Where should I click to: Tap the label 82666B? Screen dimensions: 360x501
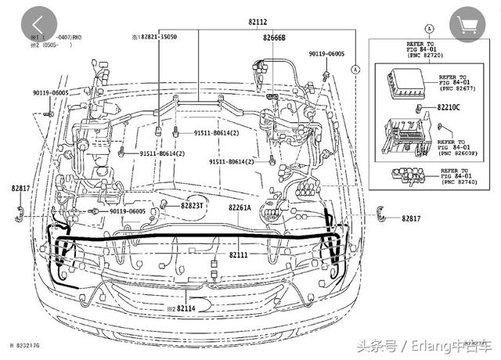coord(274,38)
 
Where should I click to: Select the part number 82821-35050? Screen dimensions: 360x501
coord(157,37)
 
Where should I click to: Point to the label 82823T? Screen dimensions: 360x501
coord(192,206)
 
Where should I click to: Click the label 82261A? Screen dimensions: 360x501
coord(240,207)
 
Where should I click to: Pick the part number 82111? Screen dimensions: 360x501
coord(239,254)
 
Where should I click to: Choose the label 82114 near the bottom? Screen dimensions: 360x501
coord(185,308)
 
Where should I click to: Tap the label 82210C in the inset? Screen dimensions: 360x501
coord(449,106)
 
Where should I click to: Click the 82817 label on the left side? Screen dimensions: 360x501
coord(20,189)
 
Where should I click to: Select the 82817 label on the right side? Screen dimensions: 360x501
coord(412,218)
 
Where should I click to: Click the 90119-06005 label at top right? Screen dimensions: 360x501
coord(327,54)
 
